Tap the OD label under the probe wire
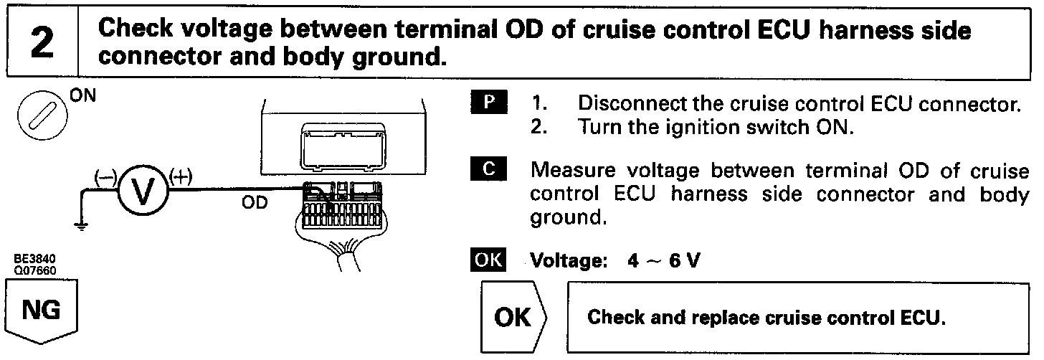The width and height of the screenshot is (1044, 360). coord(255,203)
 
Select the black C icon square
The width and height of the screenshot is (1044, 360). coord(490,171)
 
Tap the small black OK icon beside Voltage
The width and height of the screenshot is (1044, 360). coord(489,260)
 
